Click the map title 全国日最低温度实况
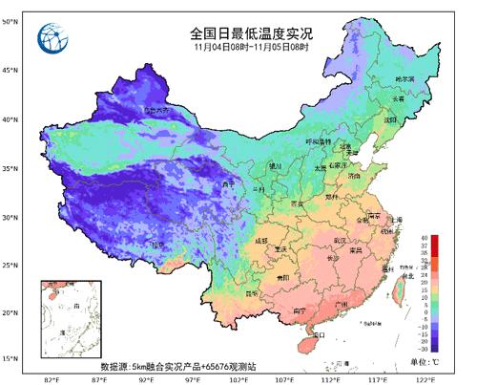point(250,32)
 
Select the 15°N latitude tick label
point(10,358)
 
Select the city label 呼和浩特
point(317,141)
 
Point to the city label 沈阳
point(390,120)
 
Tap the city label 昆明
point(252,293)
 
